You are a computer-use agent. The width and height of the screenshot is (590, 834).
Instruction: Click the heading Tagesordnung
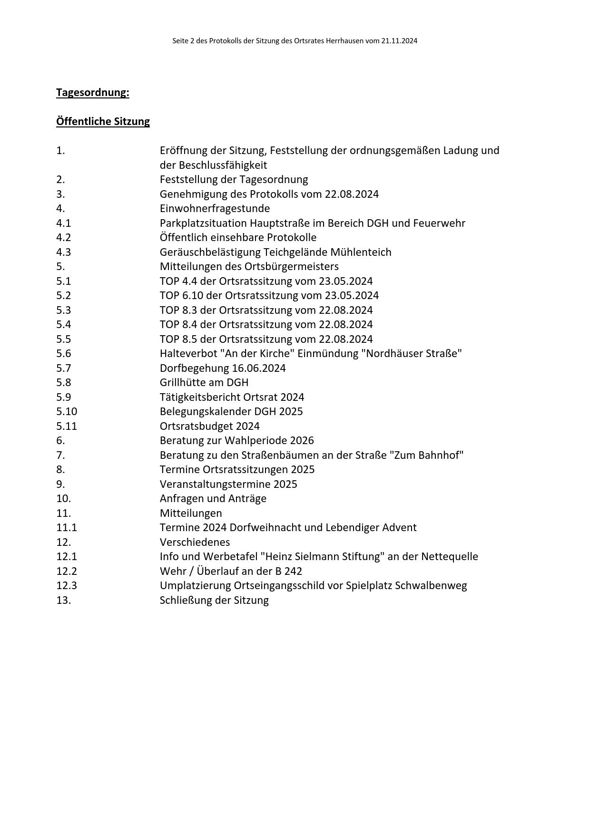tap(92, 92)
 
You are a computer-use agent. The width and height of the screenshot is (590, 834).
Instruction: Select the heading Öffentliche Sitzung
tap(103, 121)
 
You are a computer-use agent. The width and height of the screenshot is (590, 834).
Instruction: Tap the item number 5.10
tap(67, 411)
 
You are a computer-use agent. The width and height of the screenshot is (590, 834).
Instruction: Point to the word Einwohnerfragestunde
tap(215, 208)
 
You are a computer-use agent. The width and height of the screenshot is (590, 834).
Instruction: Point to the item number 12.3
tap(67, 585)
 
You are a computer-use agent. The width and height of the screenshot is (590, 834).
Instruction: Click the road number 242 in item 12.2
tap(293, 571)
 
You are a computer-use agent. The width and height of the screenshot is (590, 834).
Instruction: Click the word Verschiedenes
tap(195, 542)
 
